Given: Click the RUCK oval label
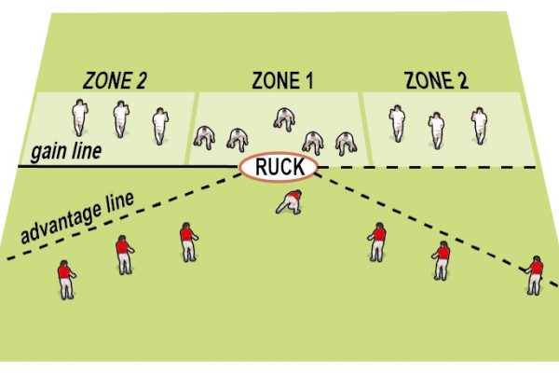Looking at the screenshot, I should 279,168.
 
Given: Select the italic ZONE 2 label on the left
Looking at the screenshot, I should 113,81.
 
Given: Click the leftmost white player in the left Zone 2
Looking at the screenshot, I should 79,117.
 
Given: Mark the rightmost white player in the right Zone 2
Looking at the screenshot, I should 479,125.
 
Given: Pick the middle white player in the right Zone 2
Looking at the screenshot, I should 435,130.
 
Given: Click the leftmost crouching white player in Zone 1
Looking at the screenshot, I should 204,137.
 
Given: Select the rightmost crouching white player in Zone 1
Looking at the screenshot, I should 347,141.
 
